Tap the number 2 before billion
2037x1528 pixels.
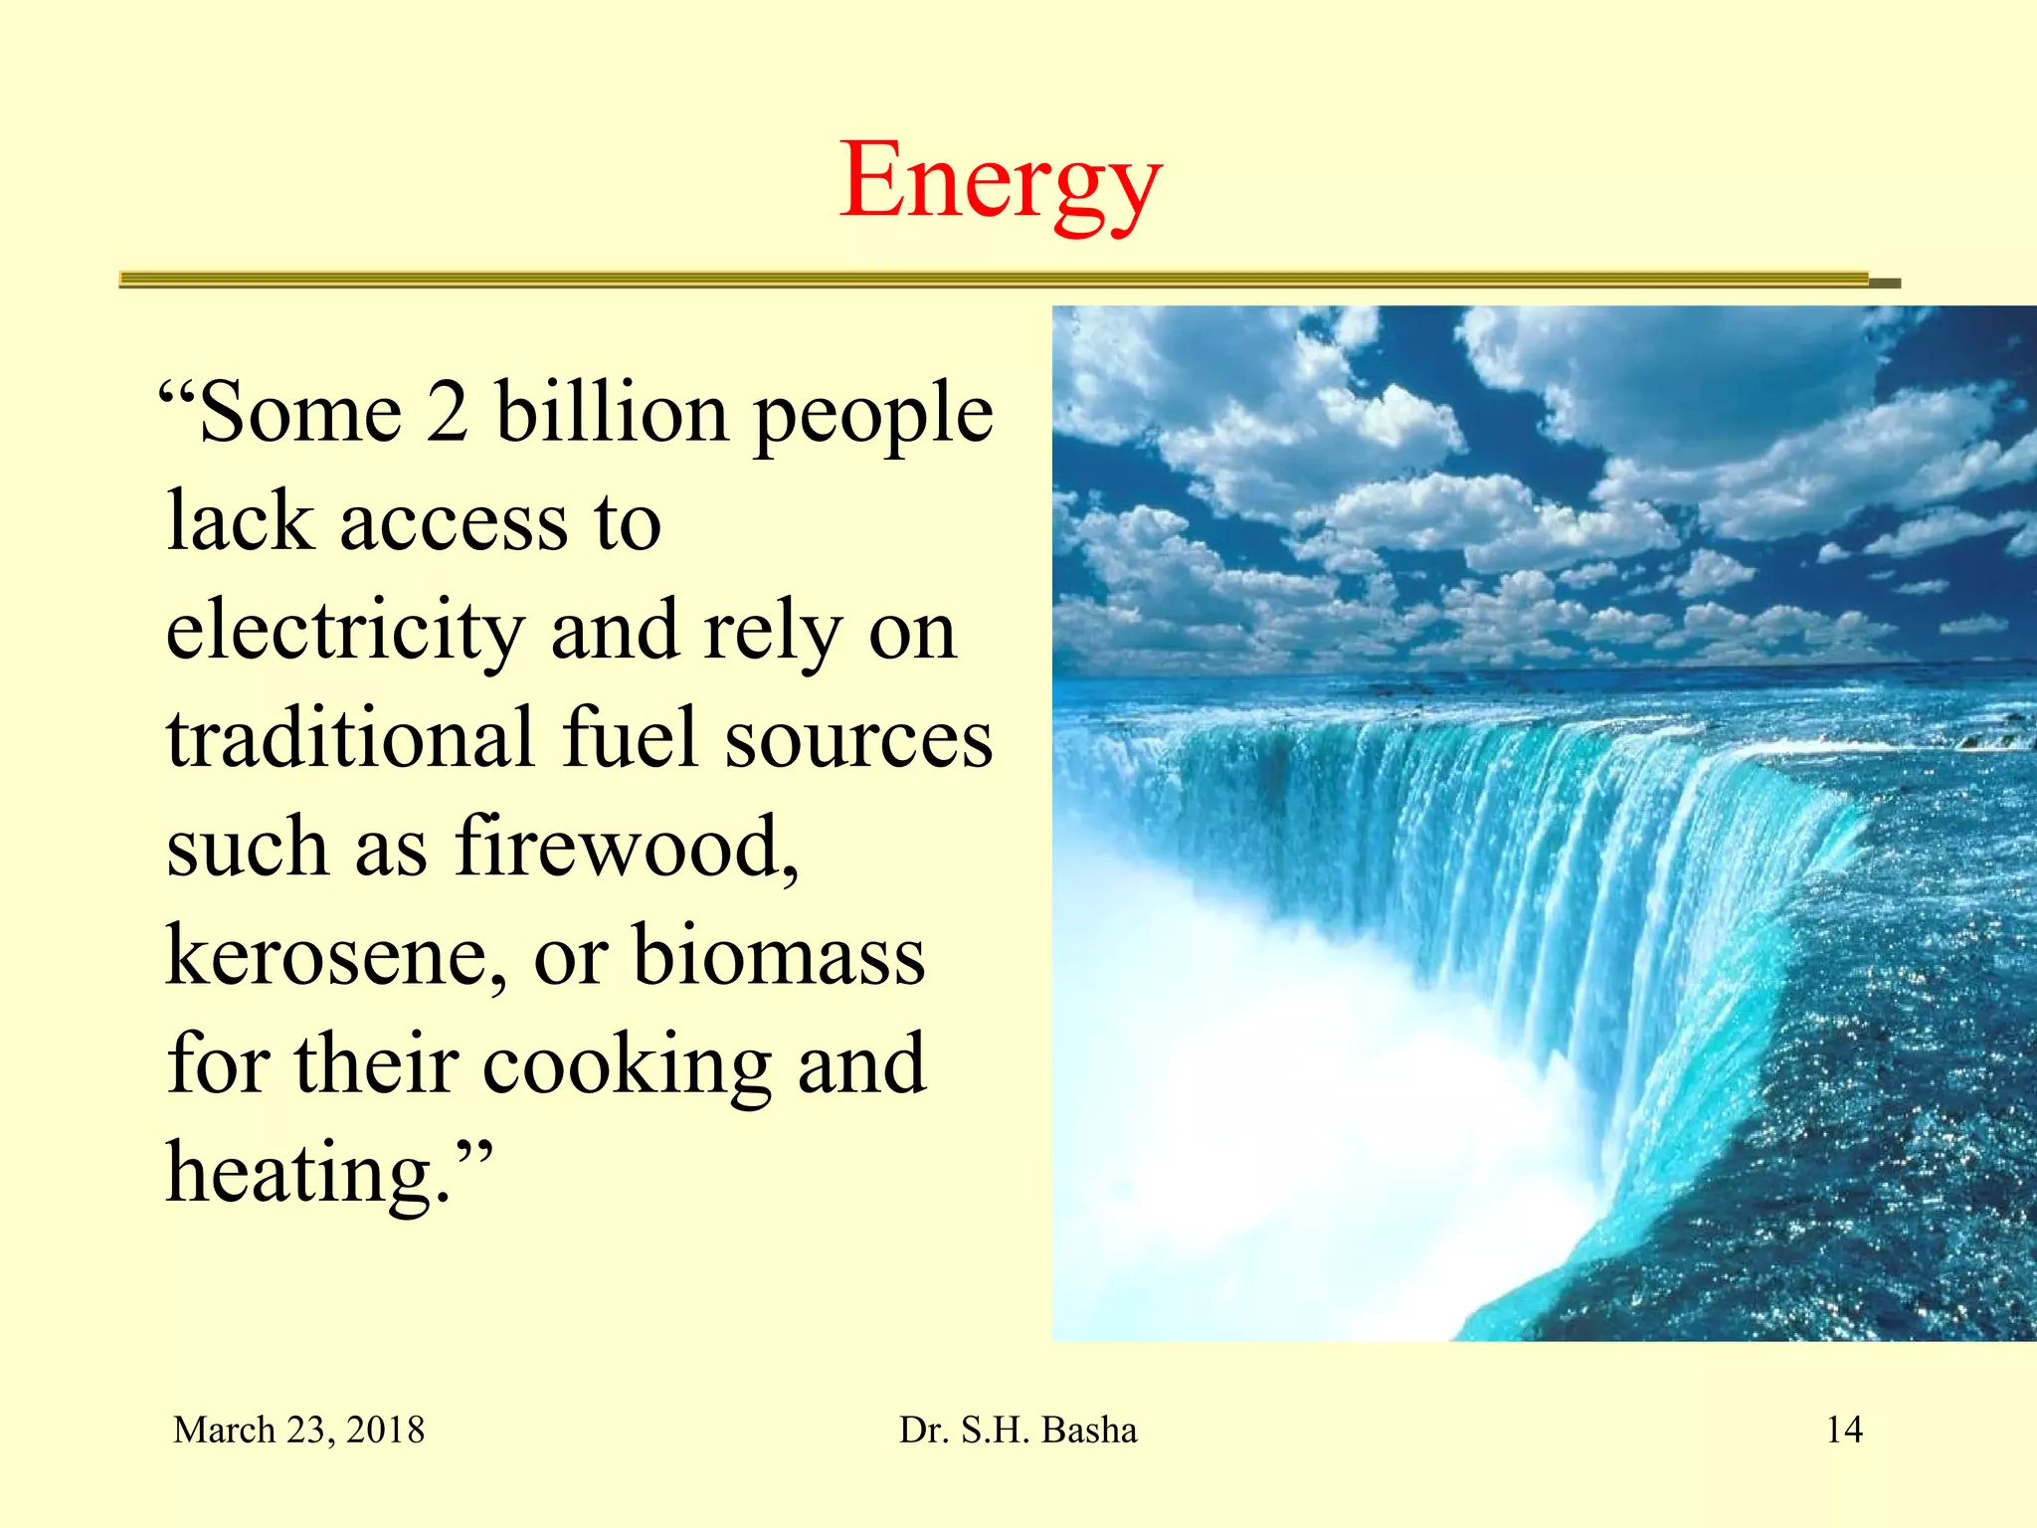448,413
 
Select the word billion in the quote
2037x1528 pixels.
612,413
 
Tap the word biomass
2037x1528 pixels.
779,956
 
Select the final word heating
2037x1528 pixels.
308,1174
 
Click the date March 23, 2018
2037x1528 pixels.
298,1431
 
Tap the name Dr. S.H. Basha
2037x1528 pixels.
1018,1431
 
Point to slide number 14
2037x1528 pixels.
1844,1431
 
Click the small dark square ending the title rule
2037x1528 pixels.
1885,284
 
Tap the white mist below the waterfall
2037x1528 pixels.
1293,1144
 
